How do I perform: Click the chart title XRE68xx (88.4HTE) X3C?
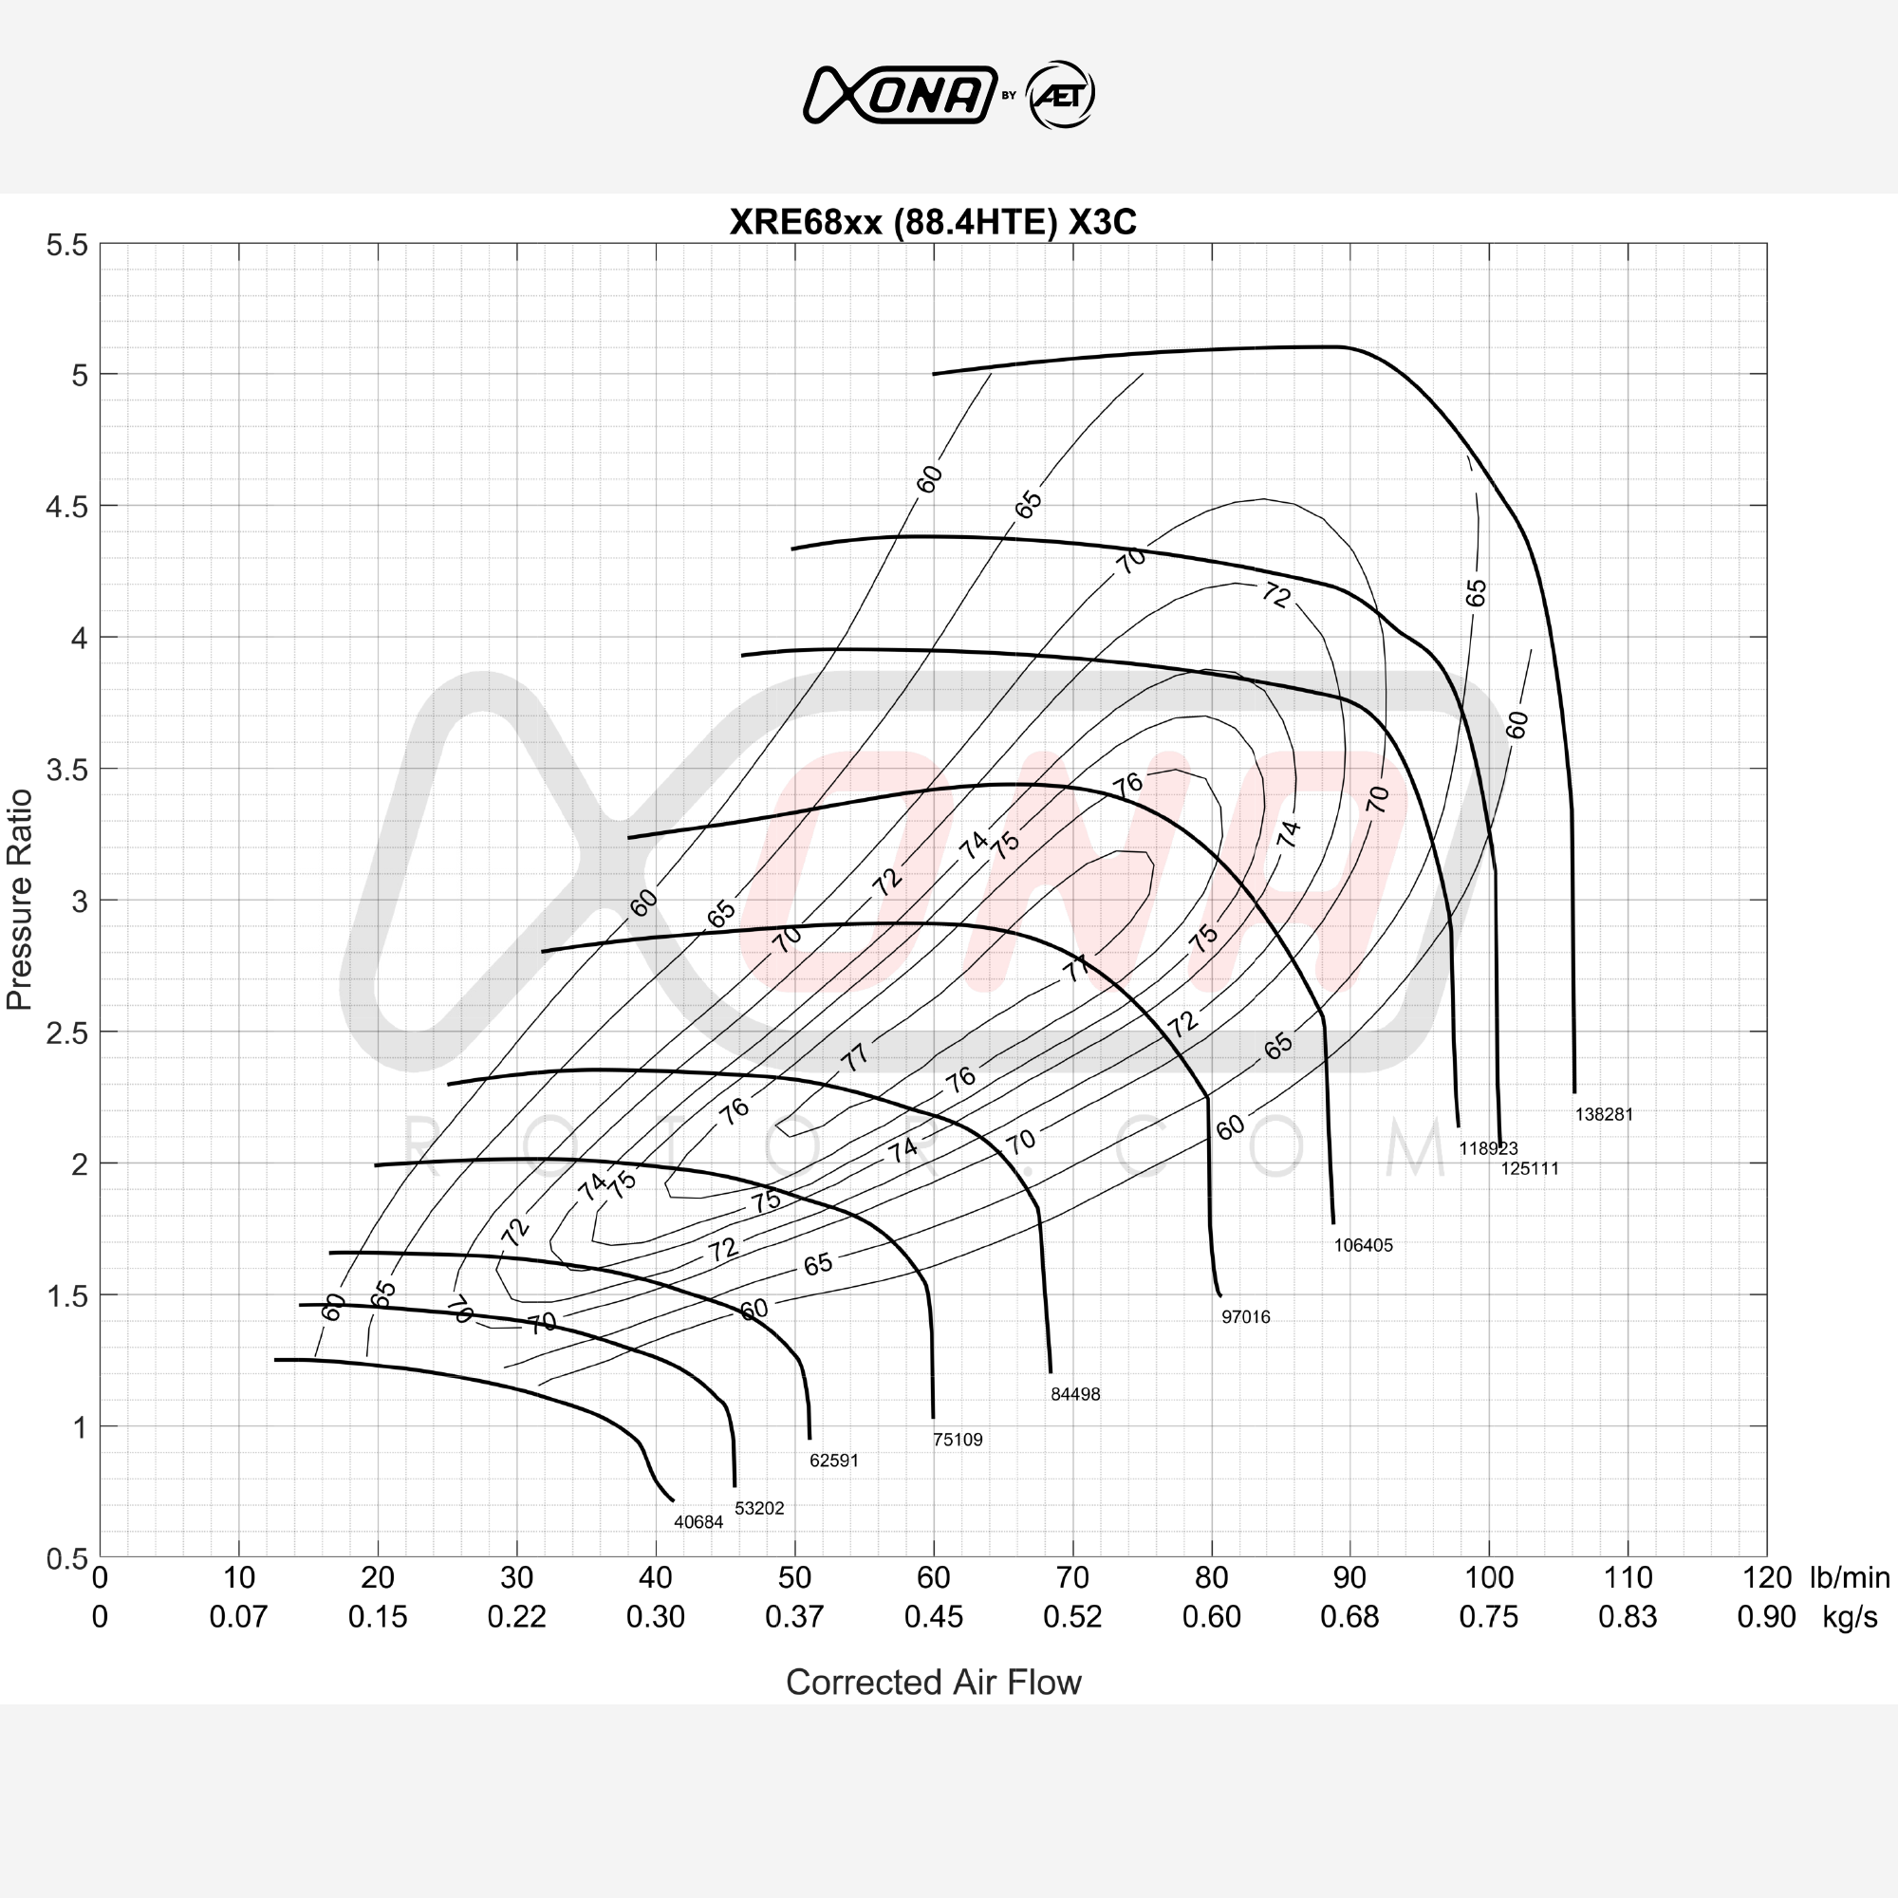(932, 222)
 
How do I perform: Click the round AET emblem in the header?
(1060, 95)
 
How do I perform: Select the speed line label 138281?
(1604, 1114)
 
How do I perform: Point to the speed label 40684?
(698, 1522)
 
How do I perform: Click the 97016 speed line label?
(1246, 1316)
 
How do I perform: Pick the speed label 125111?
(1530, 1168)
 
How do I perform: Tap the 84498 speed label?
(1076, 1394)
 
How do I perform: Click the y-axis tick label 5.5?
(66, 245)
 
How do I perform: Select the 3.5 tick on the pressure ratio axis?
(66, 771)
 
